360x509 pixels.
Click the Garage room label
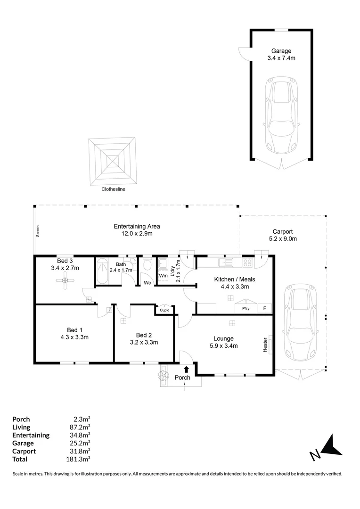(281, 51)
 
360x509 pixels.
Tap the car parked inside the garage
(281, 115)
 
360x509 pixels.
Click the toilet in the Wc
(147, 264)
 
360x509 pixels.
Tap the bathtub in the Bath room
(103, 271)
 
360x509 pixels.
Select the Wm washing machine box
(164, 276)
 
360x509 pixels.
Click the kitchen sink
(226, 263)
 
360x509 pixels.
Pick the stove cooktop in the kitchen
(247, 263)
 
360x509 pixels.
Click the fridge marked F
(264, 308)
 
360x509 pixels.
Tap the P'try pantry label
(246, 308)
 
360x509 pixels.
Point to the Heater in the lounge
(265, 345)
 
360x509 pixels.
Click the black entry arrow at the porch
(186, 369)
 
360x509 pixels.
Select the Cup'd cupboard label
(164, 310)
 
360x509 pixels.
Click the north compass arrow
(332, 446)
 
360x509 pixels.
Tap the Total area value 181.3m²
(78, 459)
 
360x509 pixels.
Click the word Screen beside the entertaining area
(38, 231)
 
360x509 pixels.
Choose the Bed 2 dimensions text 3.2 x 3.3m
(144, 342)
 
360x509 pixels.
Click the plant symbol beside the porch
(164, 376)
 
